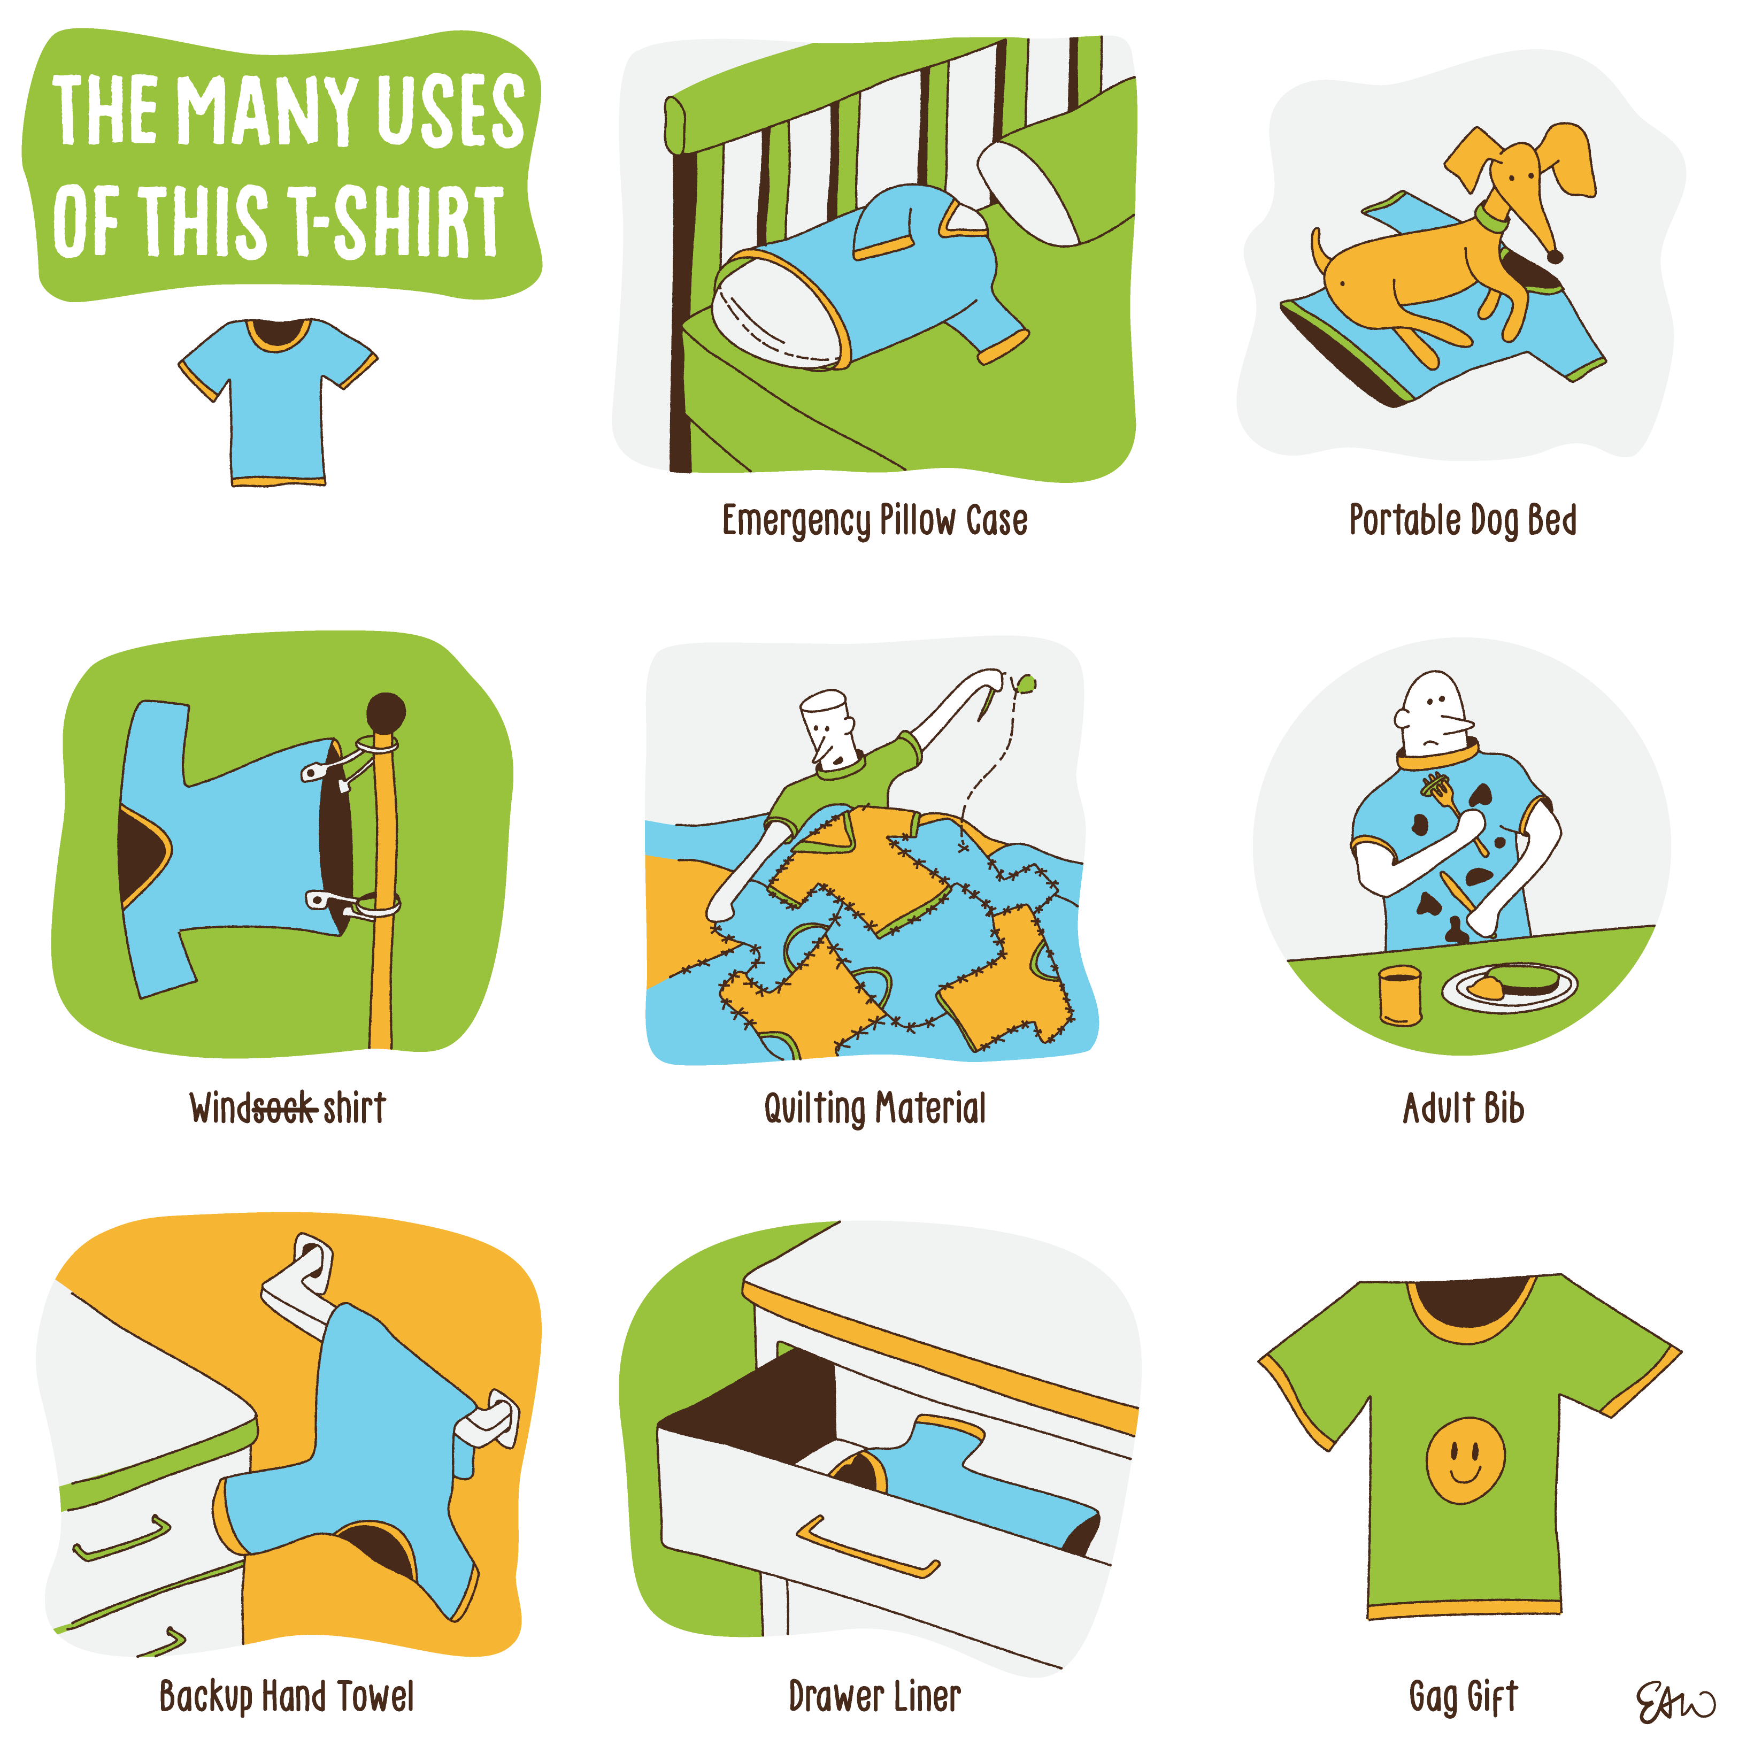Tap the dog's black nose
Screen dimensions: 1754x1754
pyautogui.click(x=1555, y=257)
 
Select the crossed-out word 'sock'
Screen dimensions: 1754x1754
pyautogui.click(x=284, y=1107)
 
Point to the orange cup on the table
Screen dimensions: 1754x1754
pyautogui.click(x=1399, y=995)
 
